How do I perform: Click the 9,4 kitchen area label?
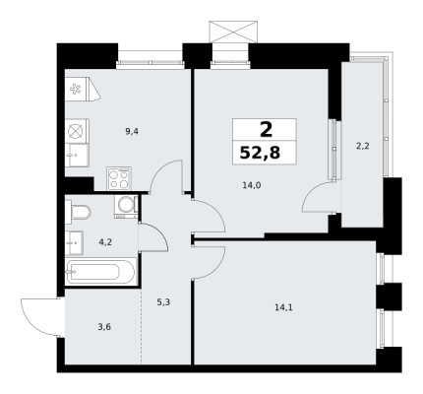tap(132, 132)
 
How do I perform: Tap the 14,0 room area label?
tap(252, 185)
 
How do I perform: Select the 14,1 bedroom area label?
tap(283, 307)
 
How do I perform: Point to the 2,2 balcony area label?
tap(363, 146)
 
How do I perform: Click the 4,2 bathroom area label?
tap(105, 242)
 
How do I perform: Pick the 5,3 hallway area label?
tap(163, 302)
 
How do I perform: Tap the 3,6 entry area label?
tap(104, 327)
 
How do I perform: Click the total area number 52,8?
tap(260, 153)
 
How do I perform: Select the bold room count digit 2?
tap(266, 130)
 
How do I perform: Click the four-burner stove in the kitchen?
tap(119, 178)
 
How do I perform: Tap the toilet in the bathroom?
tap(78, 212)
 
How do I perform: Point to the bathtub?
tap(101, 272)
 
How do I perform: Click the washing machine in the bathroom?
tap(126, 207)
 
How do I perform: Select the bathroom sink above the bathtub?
tap(74, 243)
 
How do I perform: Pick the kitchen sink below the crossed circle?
tap(77, 156)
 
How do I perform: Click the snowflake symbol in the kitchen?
tap(76, 89)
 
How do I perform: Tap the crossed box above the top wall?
tap(233, 32)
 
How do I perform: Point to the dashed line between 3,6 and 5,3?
tap(142, 326)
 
